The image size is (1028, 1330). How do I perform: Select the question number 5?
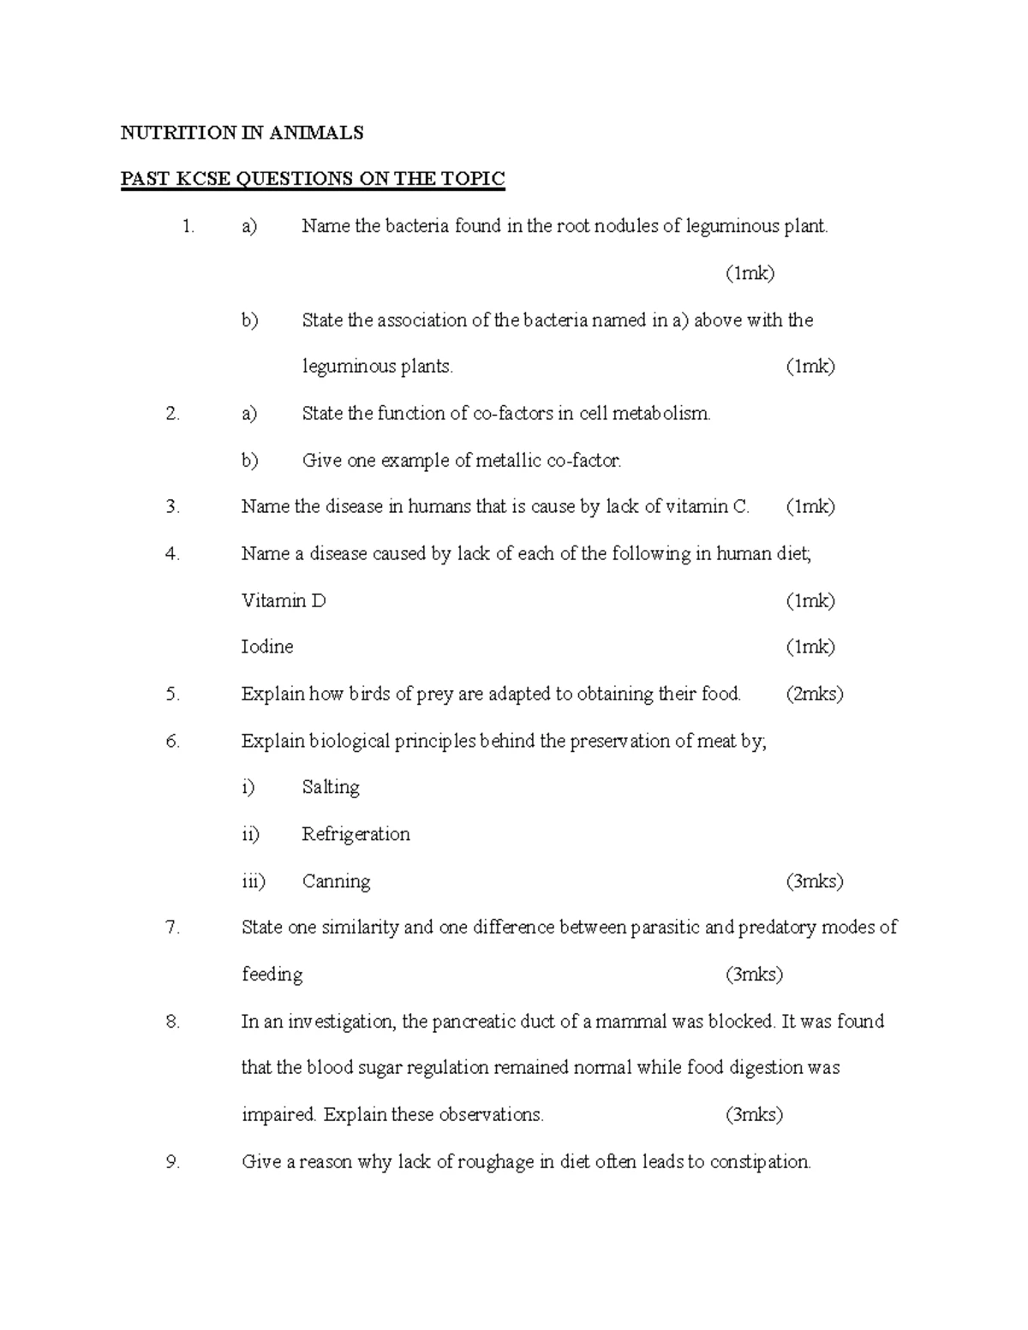173,695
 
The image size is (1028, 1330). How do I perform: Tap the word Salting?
331,788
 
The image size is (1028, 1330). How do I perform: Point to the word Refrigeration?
356,834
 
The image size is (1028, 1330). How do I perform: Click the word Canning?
336,881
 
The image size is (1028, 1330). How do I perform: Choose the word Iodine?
267,647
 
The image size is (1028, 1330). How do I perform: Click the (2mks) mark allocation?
814,695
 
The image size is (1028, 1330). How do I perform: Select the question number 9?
173,1162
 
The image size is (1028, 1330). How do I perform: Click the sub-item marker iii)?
254,881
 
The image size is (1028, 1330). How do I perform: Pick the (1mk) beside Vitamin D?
810,601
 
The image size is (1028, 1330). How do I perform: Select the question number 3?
173,507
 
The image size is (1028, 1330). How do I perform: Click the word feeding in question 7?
272,975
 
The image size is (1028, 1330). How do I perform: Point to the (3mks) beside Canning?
814,881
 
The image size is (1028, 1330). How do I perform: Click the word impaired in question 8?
278,1115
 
